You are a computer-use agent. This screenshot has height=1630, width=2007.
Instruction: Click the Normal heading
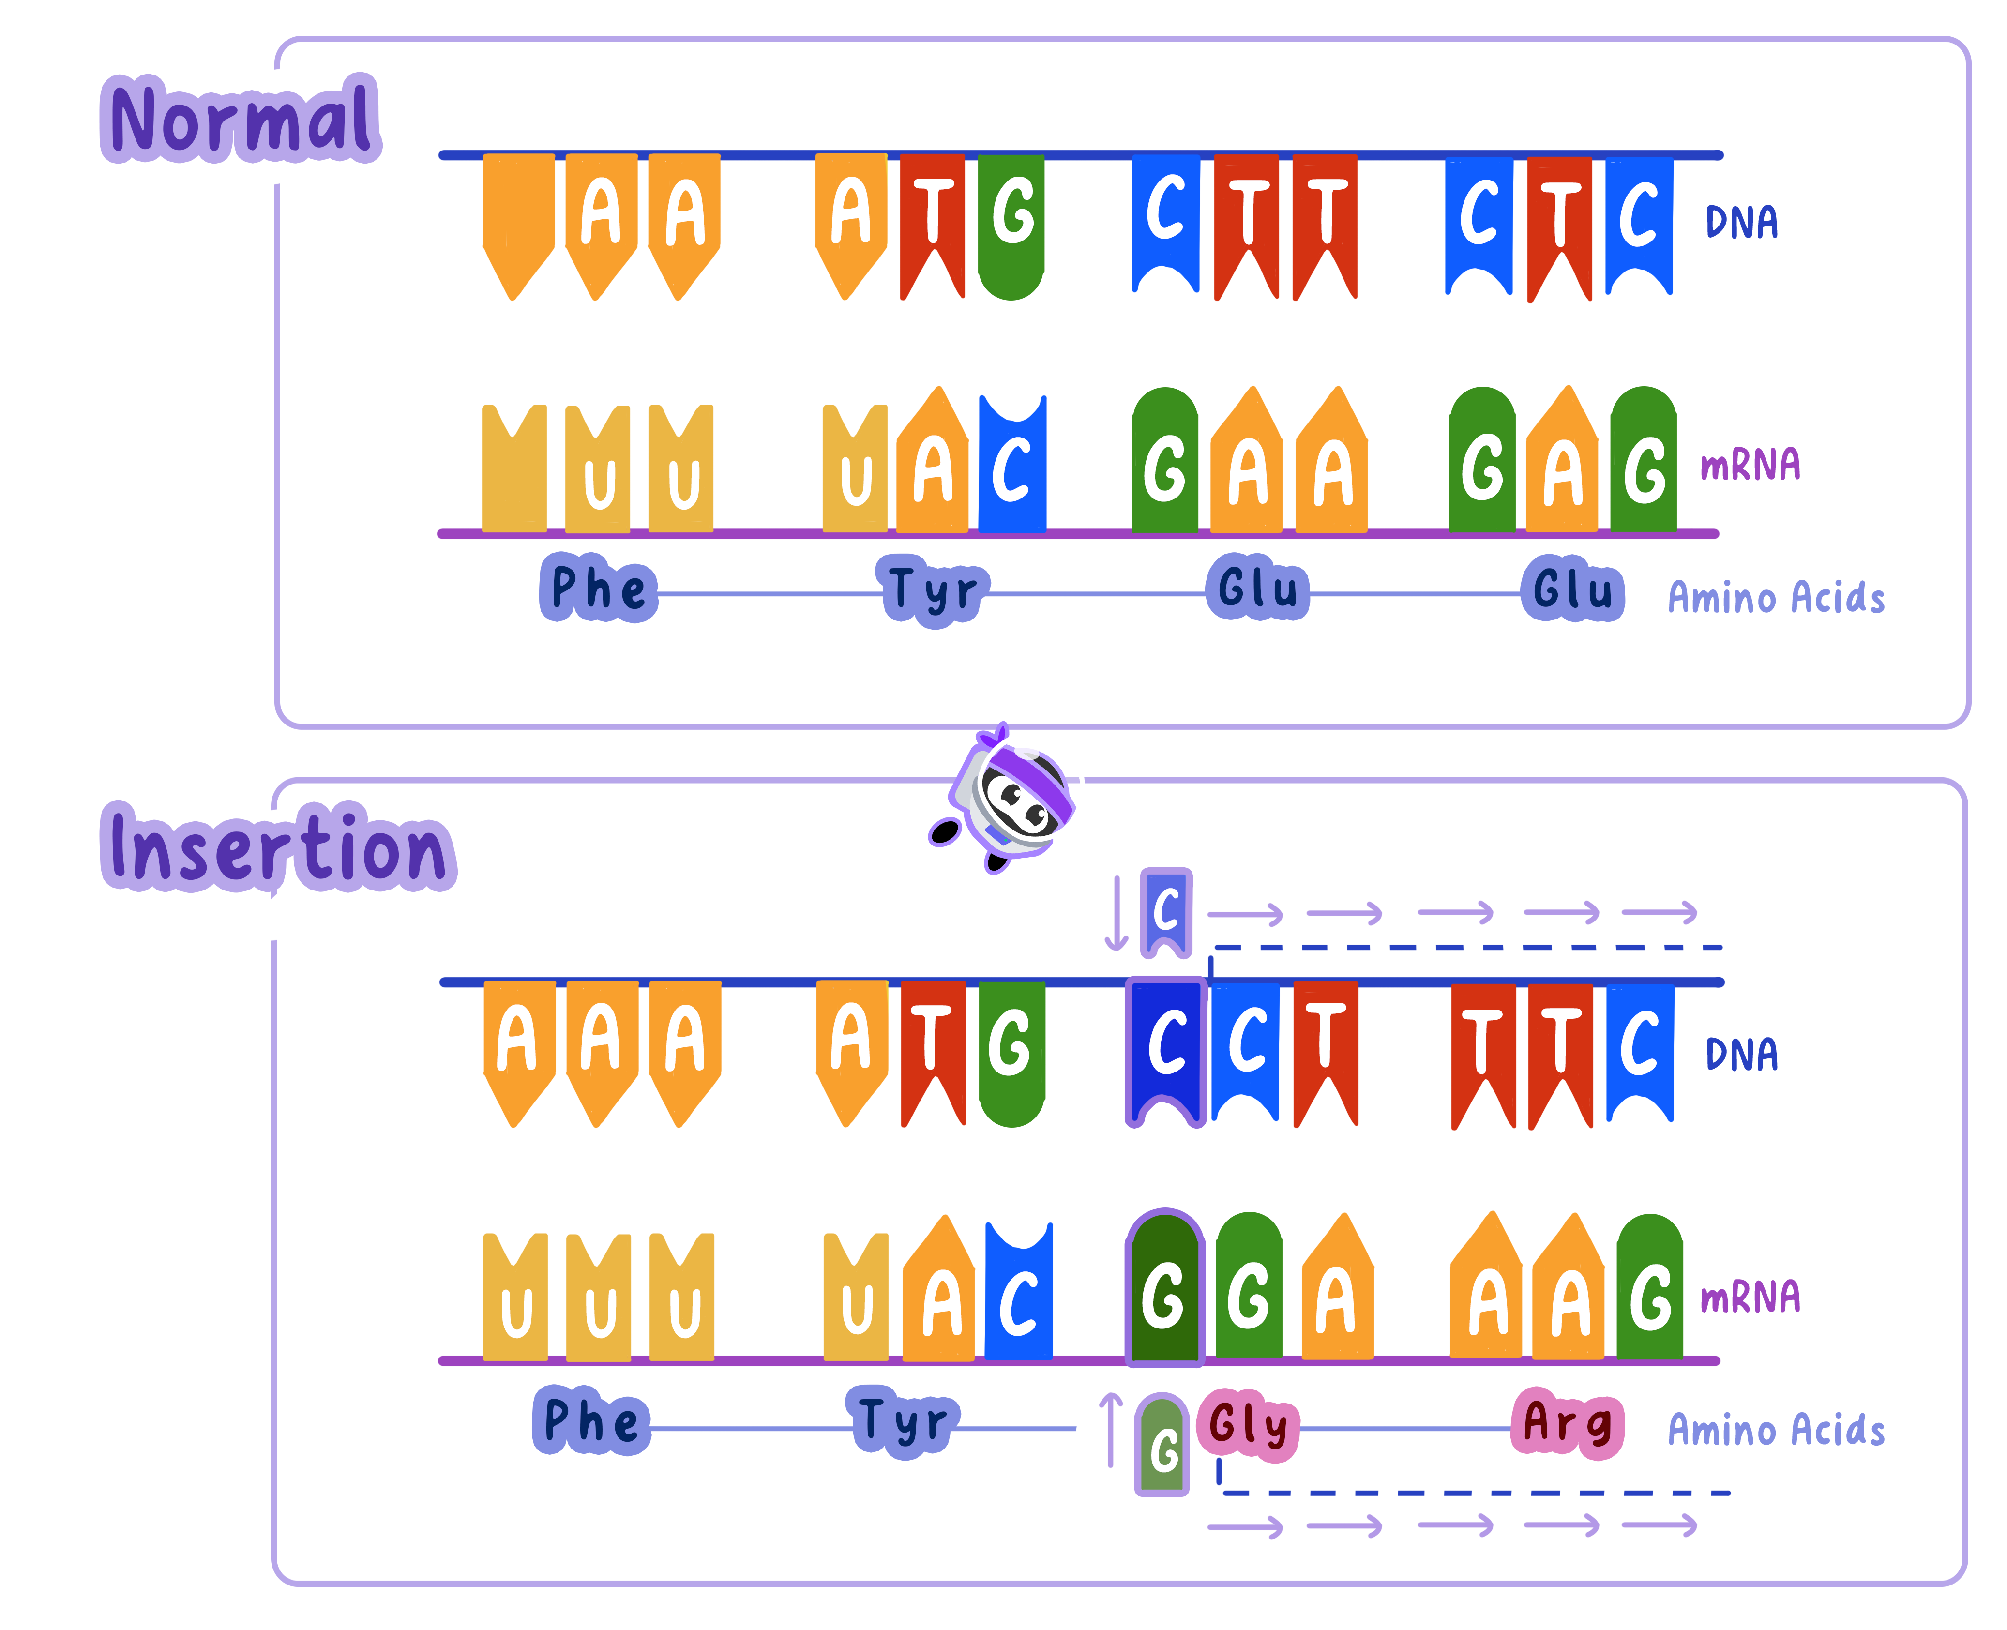click(x=241, y=120)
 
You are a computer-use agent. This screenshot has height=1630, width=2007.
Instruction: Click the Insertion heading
click(x=274, y=848)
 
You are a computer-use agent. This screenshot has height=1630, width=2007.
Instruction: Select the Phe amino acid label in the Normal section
click(x=598, y=588)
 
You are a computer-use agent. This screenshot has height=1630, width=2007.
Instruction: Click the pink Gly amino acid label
click(x=1248, y=1424)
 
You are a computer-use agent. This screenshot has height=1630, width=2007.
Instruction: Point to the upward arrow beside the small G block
click(x=1111, y=1429)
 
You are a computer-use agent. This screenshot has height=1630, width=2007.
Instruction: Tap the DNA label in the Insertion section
click(x=1741, y=1054)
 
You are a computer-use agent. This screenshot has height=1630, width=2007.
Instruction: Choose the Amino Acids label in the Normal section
click(x=1775, y=598)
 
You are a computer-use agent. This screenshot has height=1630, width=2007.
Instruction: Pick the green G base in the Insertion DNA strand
click(x=1011, y=1052)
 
